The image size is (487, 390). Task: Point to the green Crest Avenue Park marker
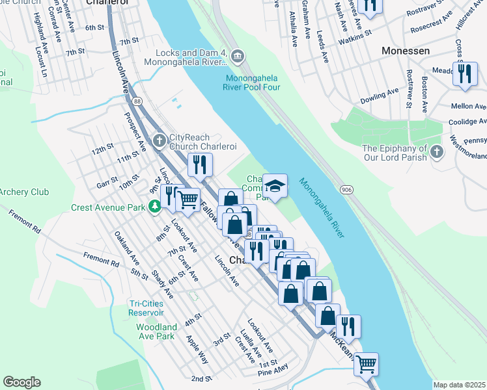pyautogui.click(x=154, y=207)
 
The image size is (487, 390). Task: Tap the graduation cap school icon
pyautogui.click(x=275, y=187)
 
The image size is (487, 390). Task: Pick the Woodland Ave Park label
pyautogui.click(x=156, y=331)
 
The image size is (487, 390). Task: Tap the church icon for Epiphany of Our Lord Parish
pyautogui.click(x=436, y=152)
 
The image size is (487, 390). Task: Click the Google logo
pyautogui.click(x=21, y=382)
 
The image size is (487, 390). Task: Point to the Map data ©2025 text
pyautogui.click(x=460, y=385)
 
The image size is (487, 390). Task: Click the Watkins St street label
pyautogui.click(x=354, y=40)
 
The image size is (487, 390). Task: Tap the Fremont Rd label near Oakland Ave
pyautogui.click(x=101, y=260)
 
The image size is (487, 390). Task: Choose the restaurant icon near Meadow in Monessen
pyautogui.click(x=464, y=74)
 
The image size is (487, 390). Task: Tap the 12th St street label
pyautogui.click(x=102, y=150)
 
